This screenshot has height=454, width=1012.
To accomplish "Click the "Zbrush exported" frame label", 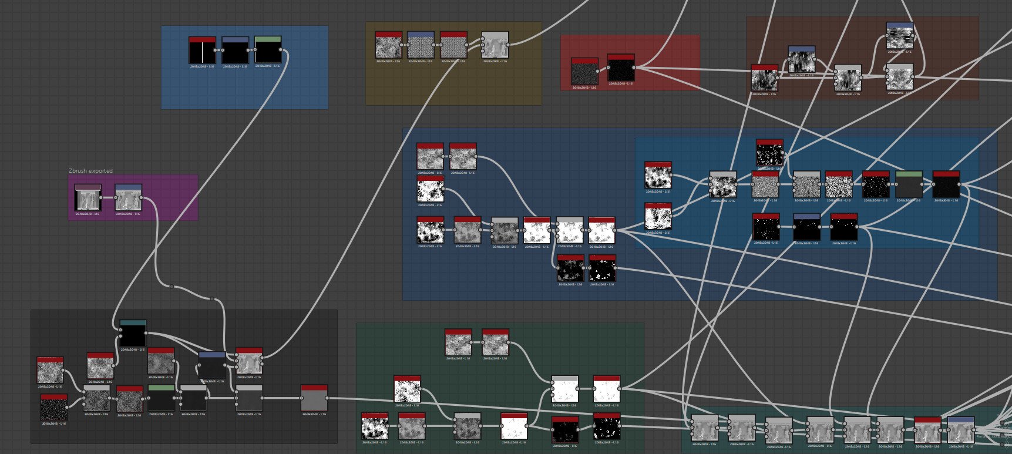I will [90, 171].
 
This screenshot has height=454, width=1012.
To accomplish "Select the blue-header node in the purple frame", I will [128, 198].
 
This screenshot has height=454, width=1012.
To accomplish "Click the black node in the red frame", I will [621, 68].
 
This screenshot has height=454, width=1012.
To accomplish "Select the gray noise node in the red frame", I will [584, 71].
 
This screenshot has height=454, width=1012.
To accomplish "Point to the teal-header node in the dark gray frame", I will [133, 333].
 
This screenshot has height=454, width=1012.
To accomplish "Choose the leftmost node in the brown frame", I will [764, 78].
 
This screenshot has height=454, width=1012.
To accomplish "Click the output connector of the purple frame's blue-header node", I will [143, 198].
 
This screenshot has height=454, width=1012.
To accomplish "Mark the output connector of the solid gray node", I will [328, 398].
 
